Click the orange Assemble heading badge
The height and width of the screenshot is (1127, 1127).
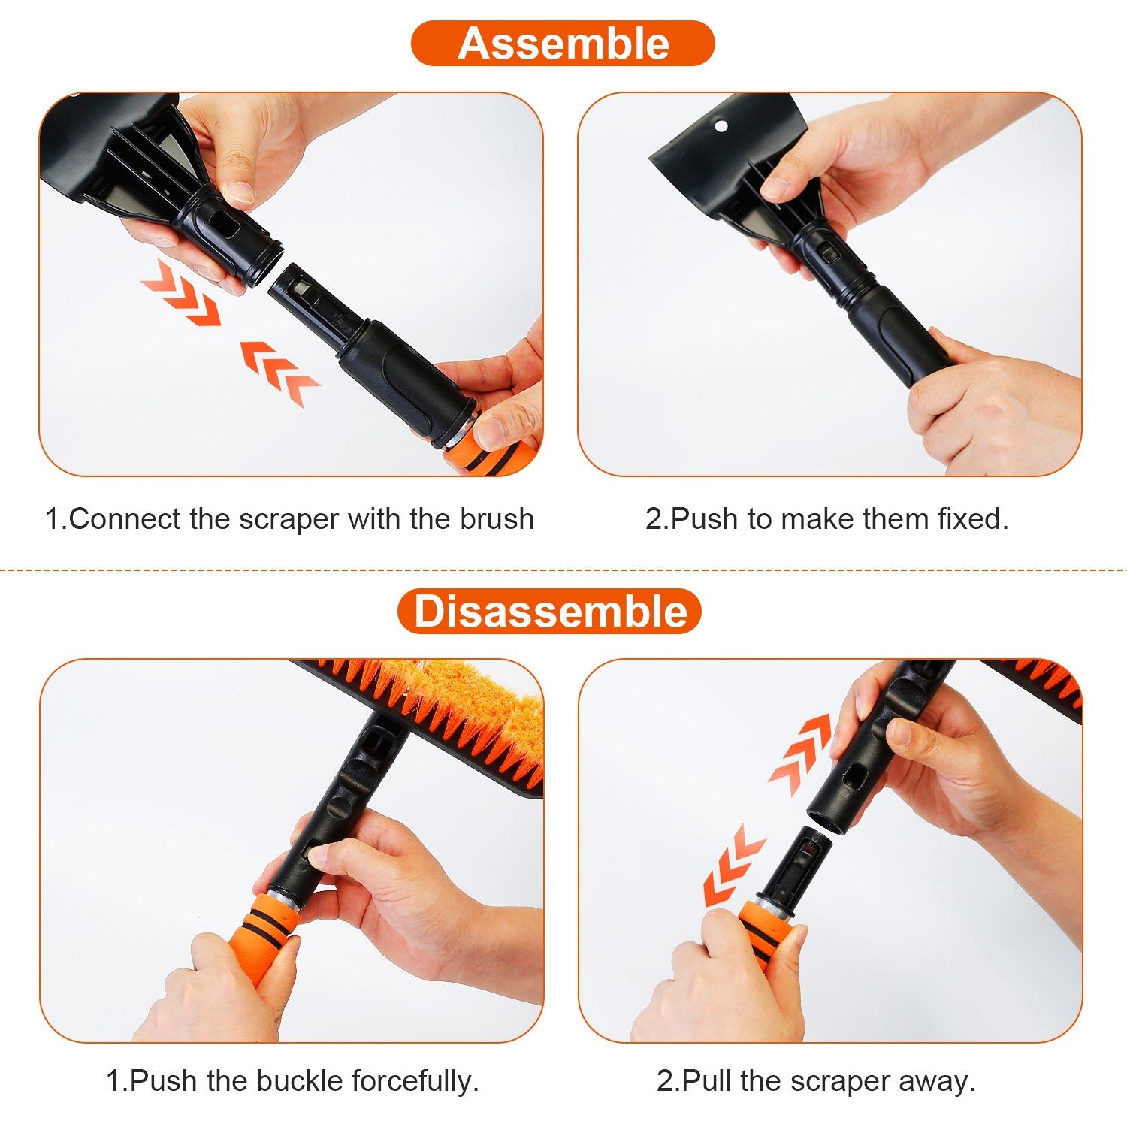click(563, 44)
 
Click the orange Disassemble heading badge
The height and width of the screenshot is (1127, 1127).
click(549, 611)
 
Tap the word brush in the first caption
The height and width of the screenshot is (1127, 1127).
click(497, 519)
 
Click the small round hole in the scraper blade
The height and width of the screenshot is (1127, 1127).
click(721, 125)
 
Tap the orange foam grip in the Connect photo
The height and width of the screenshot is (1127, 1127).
click(492, 455)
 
